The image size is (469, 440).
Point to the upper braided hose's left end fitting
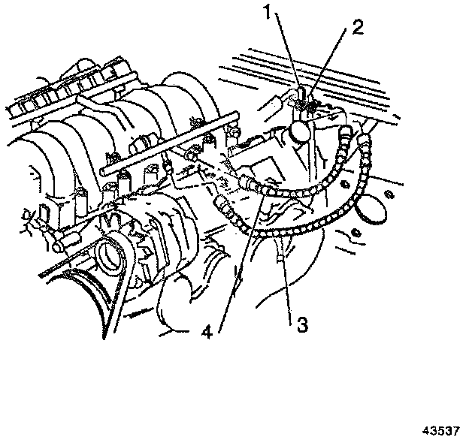point(248,181)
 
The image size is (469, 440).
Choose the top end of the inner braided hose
point(346,135)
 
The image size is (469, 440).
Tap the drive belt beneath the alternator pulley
point(90,293)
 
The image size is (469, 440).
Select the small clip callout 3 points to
point(280,260)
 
